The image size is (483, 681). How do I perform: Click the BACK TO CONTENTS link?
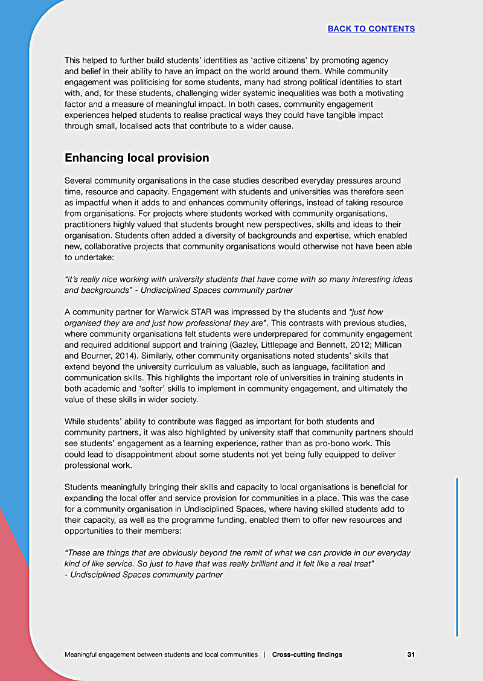(x=371, y=28)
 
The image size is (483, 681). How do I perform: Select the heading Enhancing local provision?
(x=137, y=158)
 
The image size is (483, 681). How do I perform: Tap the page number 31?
(x=411, y=654)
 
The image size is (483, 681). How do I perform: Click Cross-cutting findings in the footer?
(x=307, y=654)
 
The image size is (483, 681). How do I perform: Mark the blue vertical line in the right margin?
(x=457, y=557)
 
